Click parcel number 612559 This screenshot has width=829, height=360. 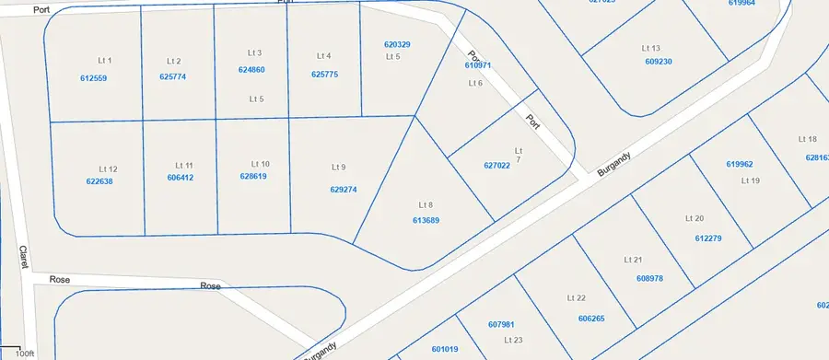(x=94, y=78)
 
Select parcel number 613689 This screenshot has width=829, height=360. (x=426, y=220)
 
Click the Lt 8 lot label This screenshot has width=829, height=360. (x=426, y=204)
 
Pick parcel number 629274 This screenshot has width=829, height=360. (x=343, y=190)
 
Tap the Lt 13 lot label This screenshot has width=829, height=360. (x=651, y=47)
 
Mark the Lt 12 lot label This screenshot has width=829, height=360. (x=109, y=169)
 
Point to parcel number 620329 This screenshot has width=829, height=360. (x=397, y=44)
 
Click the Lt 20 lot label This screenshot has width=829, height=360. (x=695, y=218)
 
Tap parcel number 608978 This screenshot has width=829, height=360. (x=649, y=277)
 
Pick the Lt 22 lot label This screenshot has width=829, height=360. (x=577, y=298)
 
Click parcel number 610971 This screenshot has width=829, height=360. (x=478, y=65)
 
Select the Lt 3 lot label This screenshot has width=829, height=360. (x=255, y=52)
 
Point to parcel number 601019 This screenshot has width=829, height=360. (x=445, y=349)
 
